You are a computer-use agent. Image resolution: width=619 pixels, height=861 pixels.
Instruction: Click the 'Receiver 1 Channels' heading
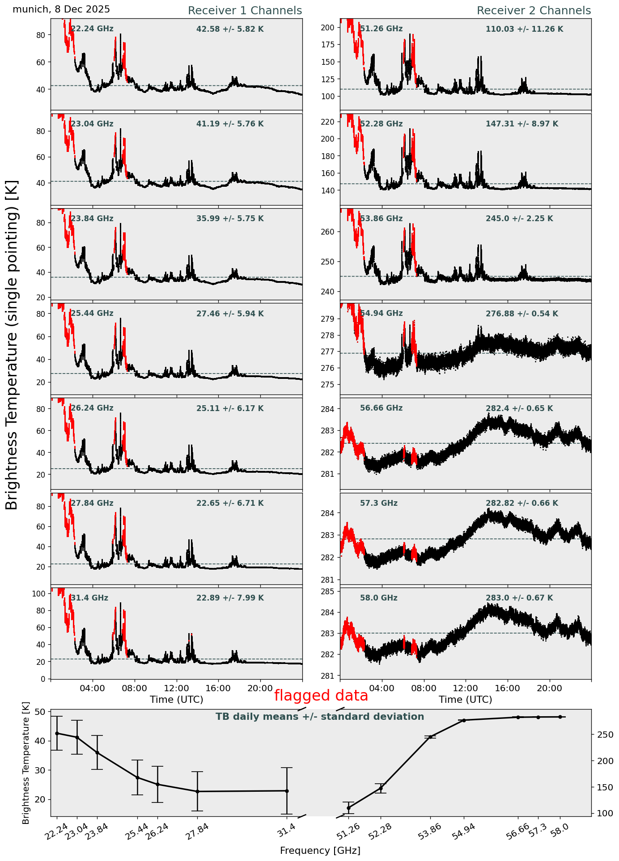click(x=245, y=11)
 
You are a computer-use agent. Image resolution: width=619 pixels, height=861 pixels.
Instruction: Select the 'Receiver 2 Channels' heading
click(x=534, y=11)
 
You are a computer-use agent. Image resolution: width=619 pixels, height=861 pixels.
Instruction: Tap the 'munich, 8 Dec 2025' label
click(x=61, y=9)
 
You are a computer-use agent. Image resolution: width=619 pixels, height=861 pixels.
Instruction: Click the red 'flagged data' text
click(x=321, y=696)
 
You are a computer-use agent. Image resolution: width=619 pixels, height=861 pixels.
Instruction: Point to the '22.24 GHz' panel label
click(x=92, y=29)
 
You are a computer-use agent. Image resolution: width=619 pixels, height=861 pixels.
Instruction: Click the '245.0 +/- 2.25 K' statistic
click(x=519, y=218)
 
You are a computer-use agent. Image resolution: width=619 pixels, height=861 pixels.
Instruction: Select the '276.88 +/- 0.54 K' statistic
click(x=521, y=314)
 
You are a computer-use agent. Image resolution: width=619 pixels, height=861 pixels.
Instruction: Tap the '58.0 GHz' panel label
click(x=378, y=598)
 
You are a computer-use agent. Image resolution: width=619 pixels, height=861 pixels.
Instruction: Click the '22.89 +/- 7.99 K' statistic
click(x=230, y=598)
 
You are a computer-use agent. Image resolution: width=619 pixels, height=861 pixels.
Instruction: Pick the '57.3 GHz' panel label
click(x=378, y=503)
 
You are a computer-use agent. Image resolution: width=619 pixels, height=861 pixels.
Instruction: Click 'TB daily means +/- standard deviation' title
click(x=319, y=717)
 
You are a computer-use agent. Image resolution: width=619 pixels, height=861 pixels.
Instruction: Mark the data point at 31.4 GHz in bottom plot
click(x=287, y=791)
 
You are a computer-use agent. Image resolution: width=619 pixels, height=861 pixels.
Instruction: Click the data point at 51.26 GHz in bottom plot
click(x=348, y=808)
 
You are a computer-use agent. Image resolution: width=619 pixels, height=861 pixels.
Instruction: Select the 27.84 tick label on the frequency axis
click(x=197, y=832)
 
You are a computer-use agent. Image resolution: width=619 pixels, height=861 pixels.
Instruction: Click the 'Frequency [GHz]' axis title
click(x=320, y=851)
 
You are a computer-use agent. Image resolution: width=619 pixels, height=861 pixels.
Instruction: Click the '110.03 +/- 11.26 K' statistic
click(x=524, y=29)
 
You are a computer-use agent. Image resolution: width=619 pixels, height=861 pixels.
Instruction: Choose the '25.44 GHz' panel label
click(x=92, y=313)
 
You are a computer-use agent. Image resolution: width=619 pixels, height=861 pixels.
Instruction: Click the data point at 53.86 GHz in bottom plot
click(x=430, y=737)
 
